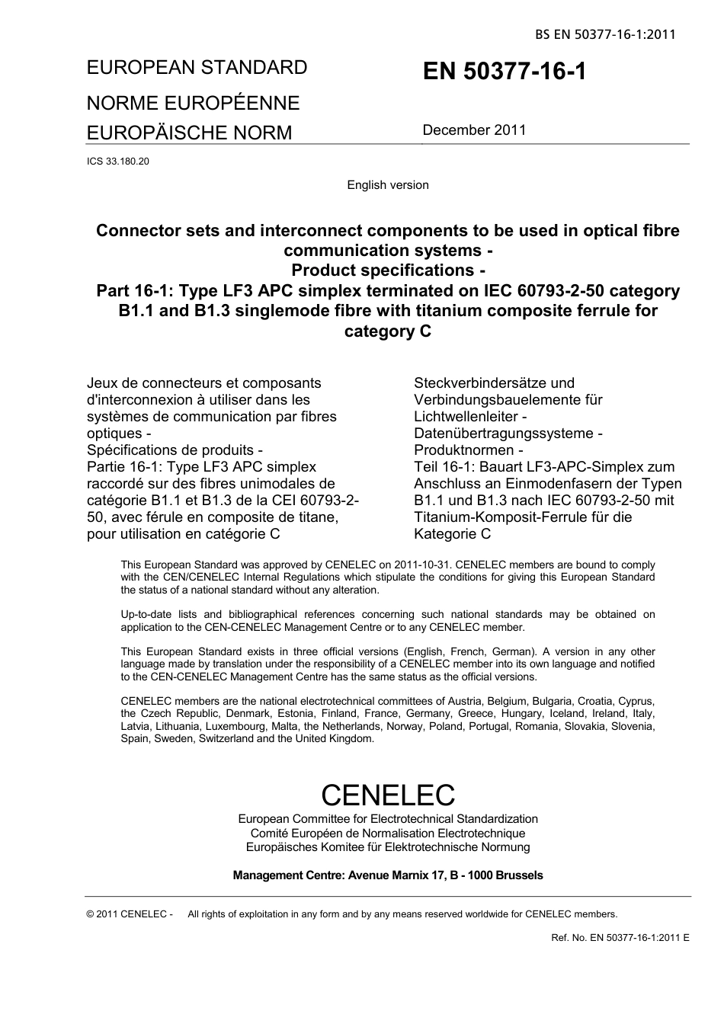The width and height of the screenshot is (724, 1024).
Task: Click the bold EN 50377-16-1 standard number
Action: (x=505, y=72)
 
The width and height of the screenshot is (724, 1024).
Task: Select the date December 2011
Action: (x=474, y=130)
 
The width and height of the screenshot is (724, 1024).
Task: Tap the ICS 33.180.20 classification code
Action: (x=118, y=162)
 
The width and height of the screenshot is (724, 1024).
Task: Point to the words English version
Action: (x=388, y=185)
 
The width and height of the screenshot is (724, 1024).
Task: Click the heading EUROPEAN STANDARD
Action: (x=197, y=68)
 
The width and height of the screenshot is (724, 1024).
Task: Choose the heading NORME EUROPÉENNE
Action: (x=193, y=103)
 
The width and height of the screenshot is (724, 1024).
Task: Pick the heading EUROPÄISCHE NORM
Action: (x=189, y=133)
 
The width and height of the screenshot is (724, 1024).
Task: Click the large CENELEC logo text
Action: (x=388, y=795)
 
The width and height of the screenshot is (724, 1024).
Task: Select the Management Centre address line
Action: (x=388, y=875)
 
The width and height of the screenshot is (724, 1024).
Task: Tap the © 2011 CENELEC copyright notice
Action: (x=130, y=914)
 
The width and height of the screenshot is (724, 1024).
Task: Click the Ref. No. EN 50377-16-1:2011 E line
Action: (x=620, y=937)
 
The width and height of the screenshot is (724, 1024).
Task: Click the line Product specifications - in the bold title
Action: (x=388, y=270)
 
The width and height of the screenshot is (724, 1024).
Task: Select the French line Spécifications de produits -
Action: (x=175, y=450)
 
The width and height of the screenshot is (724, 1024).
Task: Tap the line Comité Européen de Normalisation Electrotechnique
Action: (x=388, y=834)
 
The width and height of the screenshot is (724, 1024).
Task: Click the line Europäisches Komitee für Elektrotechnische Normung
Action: (x=388, y=847)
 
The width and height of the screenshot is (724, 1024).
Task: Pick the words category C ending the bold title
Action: (x=388, y=331)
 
